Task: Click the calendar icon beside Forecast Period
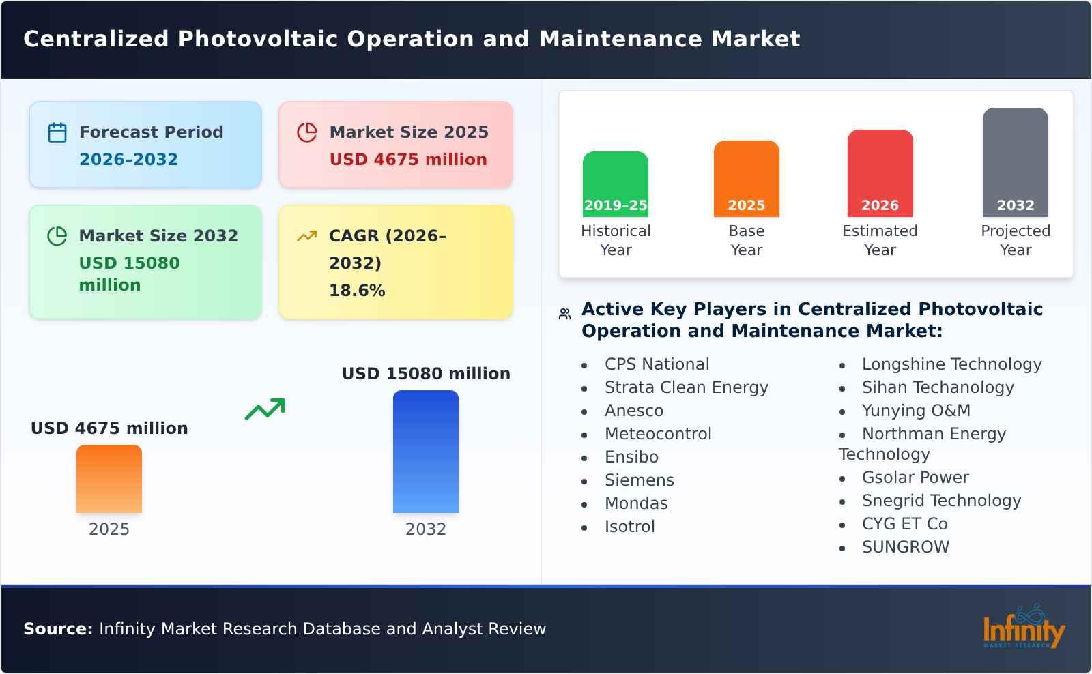[x=57, y=132]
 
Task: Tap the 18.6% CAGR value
[x=357, y=291]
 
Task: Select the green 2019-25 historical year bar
[x=615, y=184]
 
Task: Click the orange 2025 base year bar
[x=746, y=179]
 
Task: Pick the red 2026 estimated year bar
[x=880, y=173]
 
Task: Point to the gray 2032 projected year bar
[x=1015, y=162]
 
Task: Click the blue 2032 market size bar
[x=425, y=452]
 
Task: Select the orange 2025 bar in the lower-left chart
[x=109, y=479]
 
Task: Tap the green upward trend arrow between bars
[x=265, y=409]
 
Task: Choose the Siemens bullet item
[x=639, y=480]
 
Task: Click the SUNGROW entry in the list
[x=905, y=547]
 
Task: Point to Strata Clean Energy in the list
[x=686, y=387]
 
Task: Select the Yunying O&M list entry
[x=915, y=411]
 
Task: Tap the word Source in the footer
[x=57, y=629]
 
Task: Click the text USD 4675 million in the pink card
[x=408, y=160]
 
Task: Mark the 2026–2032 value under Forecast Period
[x=128, y=160]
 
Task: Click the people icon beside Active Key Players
[x=564, y=314]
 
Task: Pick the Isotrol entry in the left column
[x=629, y=527]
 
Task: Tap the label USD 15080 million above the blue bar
[x=426, y=374]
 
